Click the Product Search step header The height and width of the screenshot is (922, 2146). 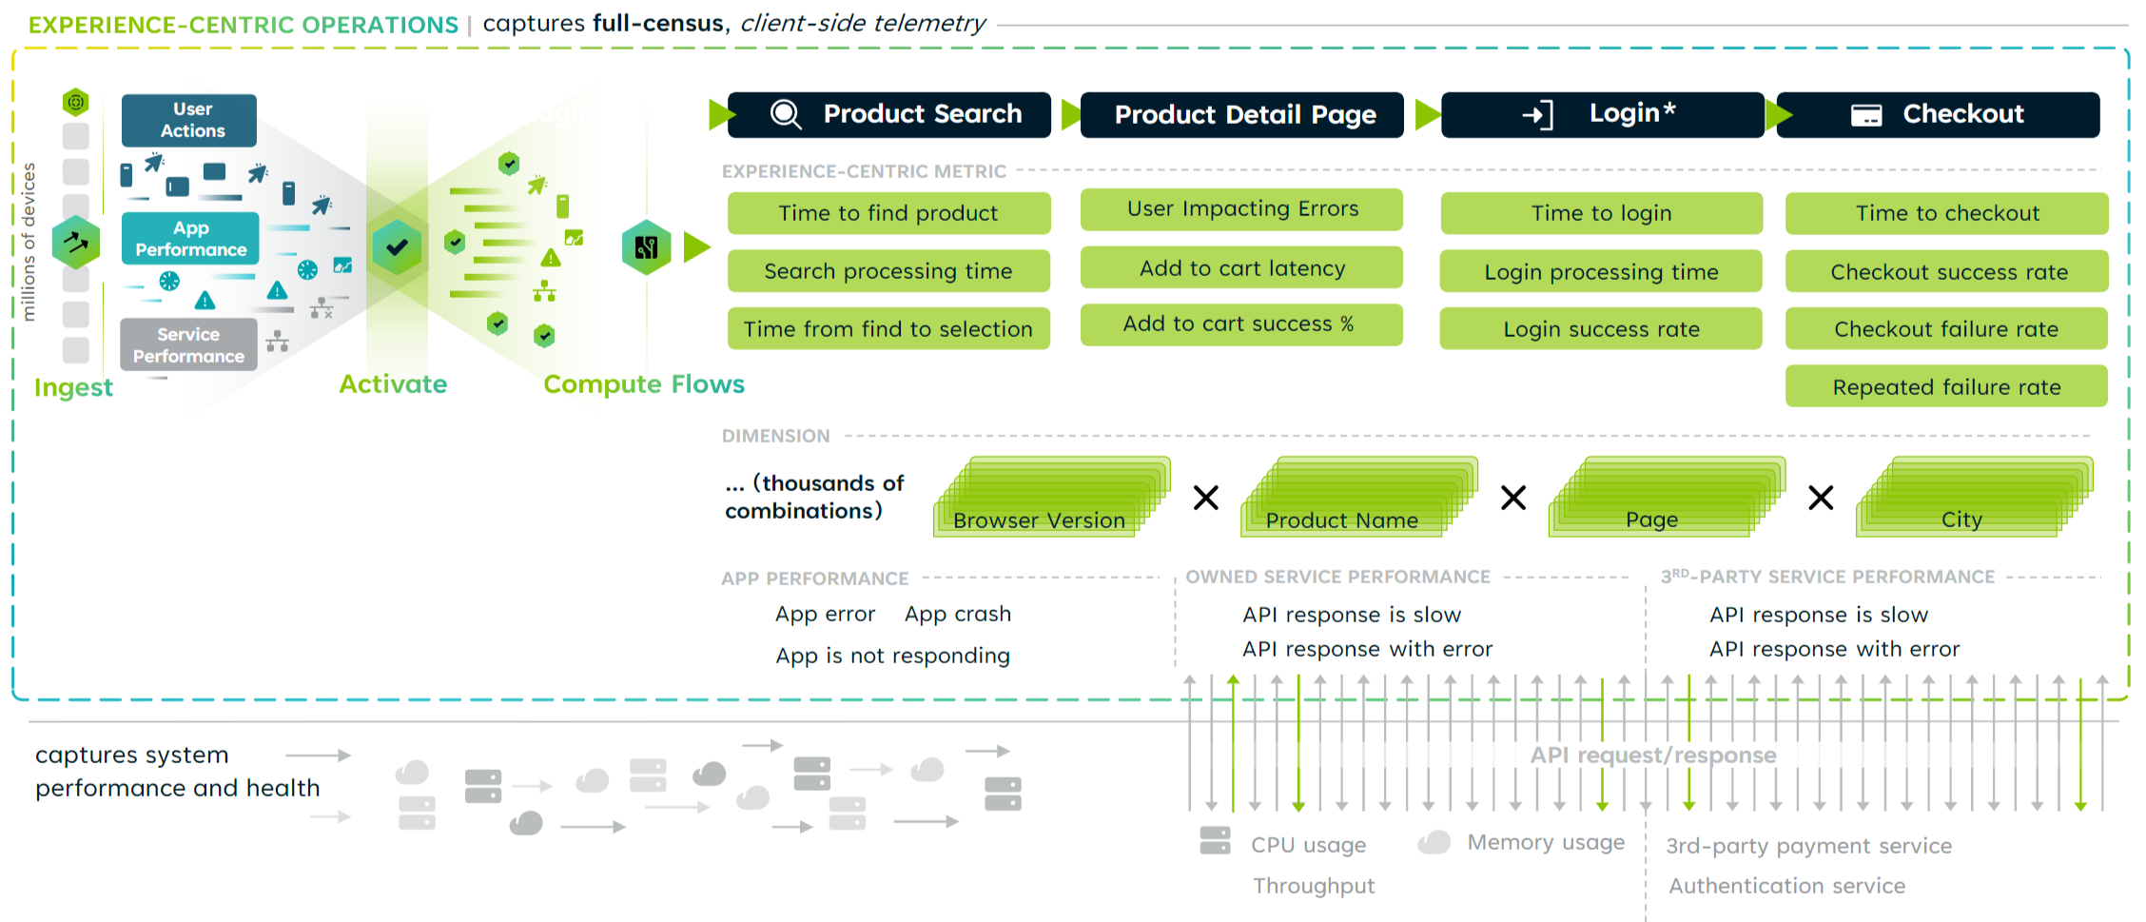889,115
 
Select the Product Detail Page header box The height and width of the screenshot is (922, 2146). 1242,115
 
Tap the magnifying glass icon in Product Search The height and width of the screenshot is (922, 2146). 786,114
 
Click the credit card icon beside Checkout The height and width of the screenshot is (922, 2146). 1865,116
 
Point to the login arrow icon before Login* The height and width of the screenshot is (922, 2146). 1537,115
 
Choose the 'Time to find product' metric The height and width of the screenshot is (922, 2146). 888,213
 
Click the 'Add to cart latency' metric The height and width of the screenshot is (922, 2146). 1241,268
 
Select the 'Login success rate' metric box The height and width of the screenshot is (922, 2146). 1601,329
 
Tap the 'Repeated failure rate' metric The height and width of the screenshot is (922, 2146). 1946,387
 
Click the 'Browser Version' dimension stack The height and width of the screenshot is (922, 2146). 1046,504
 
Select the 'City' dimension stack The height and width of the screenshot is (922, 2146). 1969,504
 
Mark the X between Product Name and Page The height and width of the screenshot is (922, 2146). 1513,498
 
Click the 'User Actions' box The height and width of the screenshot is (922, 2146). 190,121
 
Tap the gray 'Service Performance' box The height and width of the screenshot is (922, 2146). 188,344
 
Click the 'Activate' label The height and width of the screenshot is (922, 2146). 393,384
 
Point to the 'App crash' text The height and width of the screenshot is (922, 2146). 957,615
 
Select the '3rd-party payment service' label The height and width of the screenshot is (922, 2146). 1808,846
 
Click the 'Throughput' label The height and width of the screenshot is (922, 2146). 1314,886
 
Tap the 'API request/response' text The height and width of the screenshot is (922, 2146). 1652,755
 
